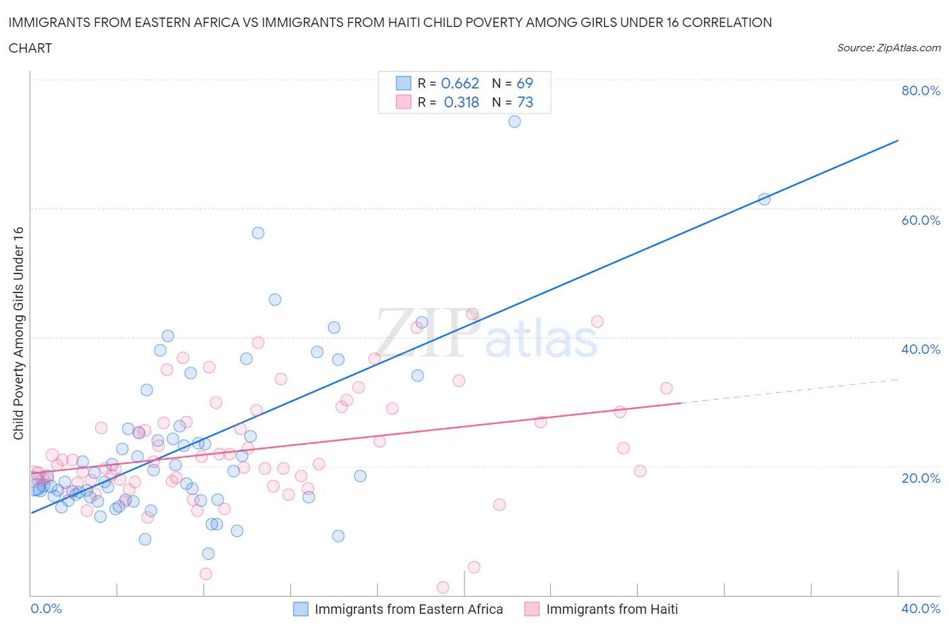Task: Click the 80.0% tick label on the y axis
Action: tap(921, 91)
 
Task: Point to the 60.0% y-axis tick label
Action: tap(921, 220)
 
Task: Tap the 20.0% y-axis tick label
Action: tap(921, 478)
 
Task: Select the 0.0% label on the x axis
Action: tap(46, 609)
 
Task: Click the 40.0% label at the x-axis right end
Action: tap(921, 609)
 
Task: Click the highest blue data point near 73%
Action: tap(514, 122)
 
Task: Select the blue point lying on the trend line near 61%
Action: tap(764, 199)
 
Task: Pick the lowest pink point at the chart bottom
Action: tap(443, 587)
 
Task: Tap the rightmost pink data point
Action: tap(666, 388)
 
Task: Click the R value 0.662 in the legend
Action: tap(460, 84)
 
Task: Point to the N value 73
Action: tap(525, 103)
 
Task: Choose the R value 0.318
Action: tap(461, 103)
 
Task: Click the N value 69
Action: tap(524, 84)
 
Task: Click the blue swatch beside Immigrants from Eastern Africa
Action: tap(300, 609)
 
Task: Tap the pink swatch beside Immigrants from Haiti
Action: tap(532, 609)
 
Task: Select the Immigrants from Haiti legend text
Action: tap(612, 609)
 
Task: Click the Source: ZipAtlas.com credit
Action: tap(888, 48)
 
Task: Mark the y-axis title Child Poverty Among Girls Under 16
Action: tap(19, 334)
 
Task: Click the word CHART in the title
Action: tap(30, 48)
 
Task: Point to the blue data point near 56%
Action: tap(258, 233)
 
